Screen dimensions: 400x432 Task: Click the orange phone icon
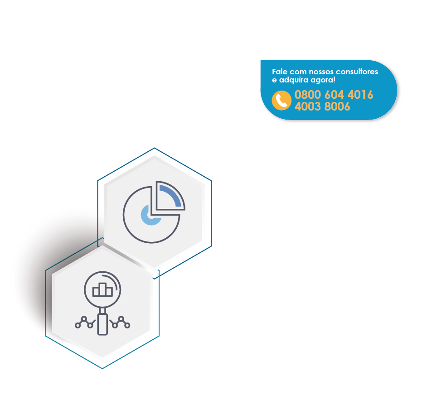click(x=282, y=101)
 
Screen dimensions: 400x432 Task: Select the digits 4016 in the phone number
click(x=360, y=95)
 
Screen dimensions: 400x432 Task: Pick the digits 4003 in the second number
click(x=308, y=107)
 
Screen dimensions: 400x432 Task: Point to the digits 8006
click(x=337, y=107)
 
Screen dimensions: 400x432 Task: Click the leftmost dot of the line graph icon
click(x=78, y=325)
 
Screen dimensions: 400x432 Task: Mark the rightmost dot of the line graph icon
click(x=127, y=325)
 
